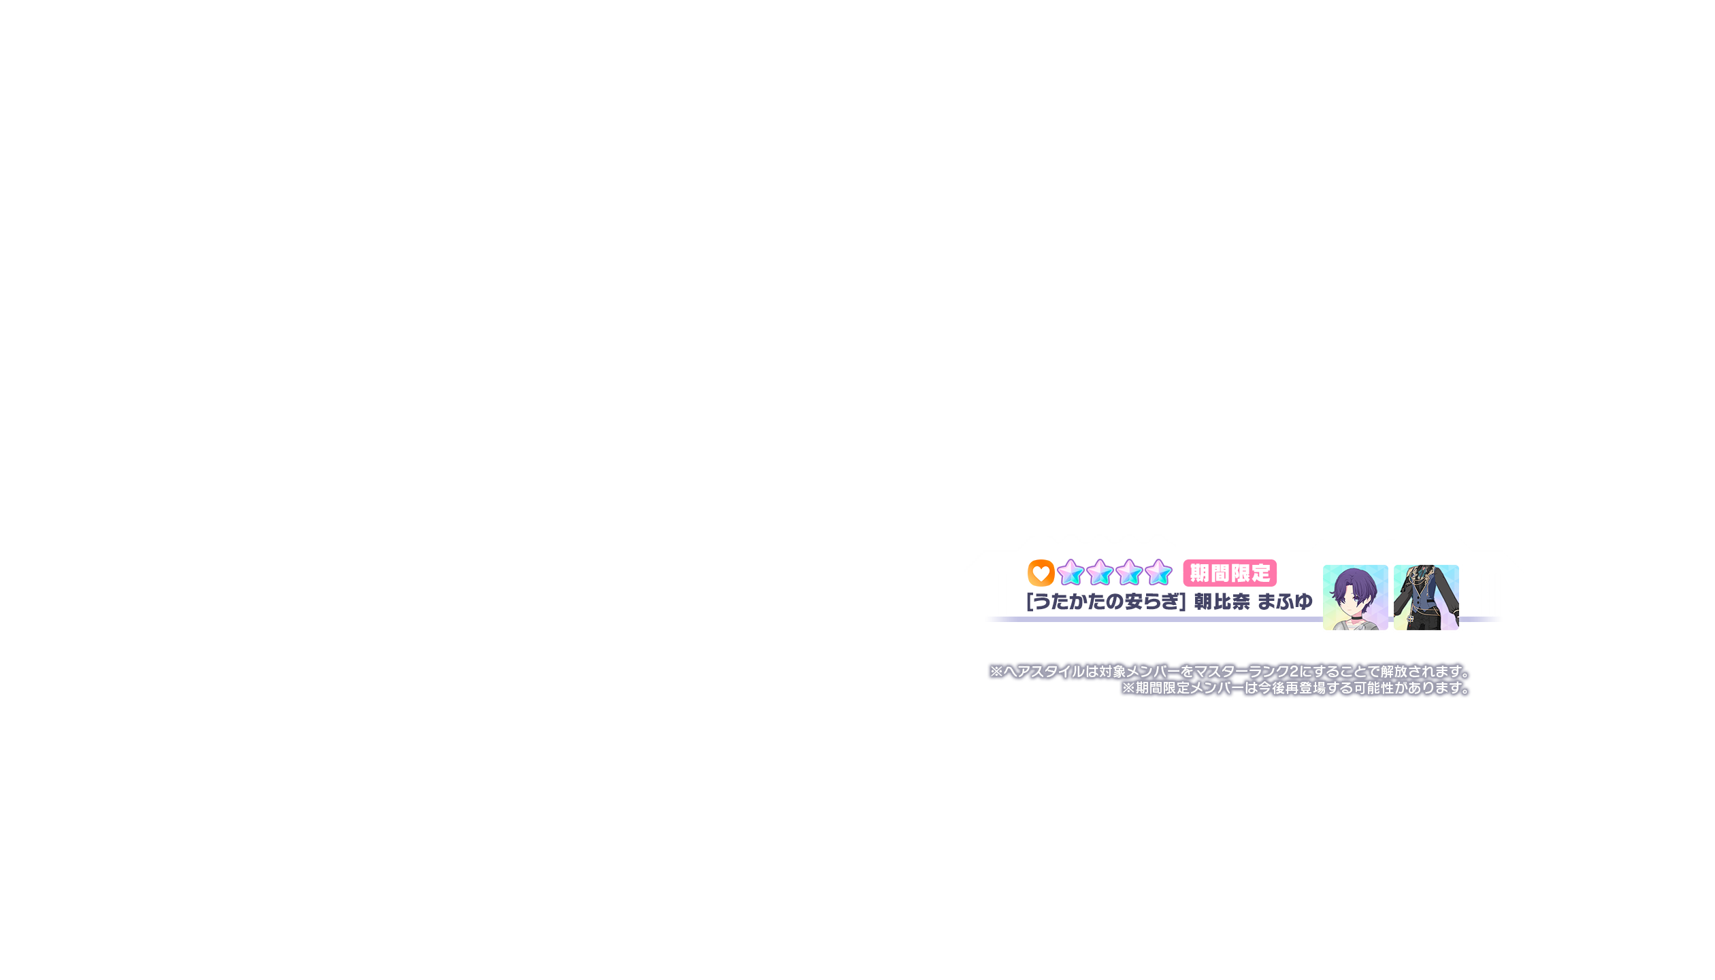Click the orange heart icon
1041,573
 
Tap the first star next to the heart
1071,573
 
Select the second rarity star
1100,573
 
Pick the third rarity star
1129,573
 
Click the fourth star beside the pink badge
1158,573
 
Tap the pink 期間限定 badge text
1230,574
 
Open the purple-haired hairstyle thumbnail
1355,597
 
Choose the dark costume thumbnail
1426,597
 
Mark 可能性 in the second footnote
1373,688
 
